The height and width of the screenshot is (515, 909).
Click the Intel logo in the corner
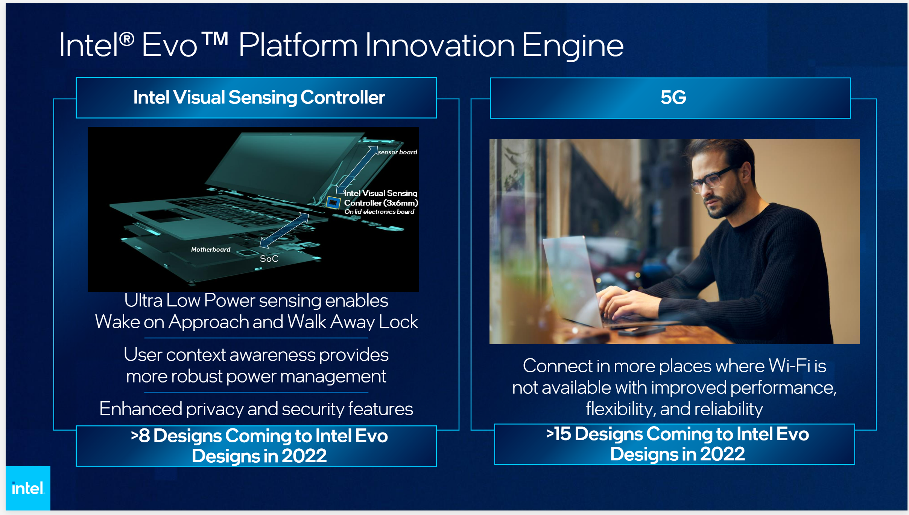click(x=28, y=488)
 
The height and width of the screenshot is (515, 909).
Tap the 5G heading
click(x=673, y=98)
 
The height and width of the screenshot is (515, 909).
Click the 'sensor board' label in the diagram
click(x=398, y=152)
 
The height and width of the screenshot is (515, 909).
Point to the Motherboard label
click(x=210, y=250)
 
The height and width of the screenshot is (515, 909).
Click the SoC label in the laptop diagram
click(x=269, y=259)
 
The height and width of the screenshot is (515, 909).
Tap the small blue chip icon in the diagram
click(x=333, y=203)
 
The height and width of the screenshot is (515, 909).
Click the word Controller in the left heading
click(x=342, y=98)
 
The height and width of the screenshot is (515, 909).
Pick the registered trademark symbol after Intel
click(x=127, y=39)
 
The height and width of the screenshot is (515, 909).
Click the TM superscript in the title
click(x=215, y=39)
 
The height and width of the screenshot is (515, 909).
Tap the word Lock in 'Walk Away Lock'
click(x=398, y=322)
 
